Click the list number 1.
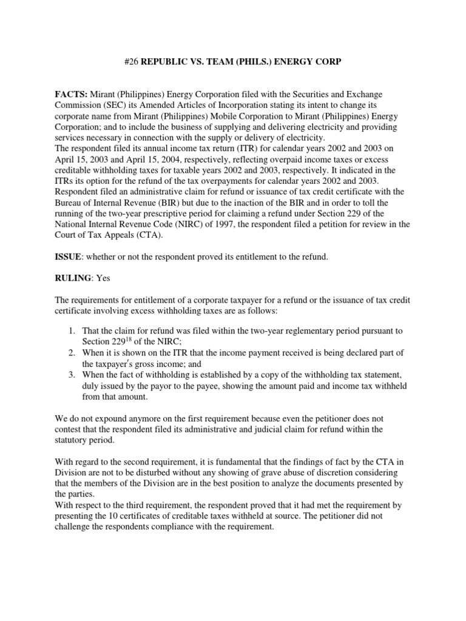70,330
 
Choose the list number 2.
70,354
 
